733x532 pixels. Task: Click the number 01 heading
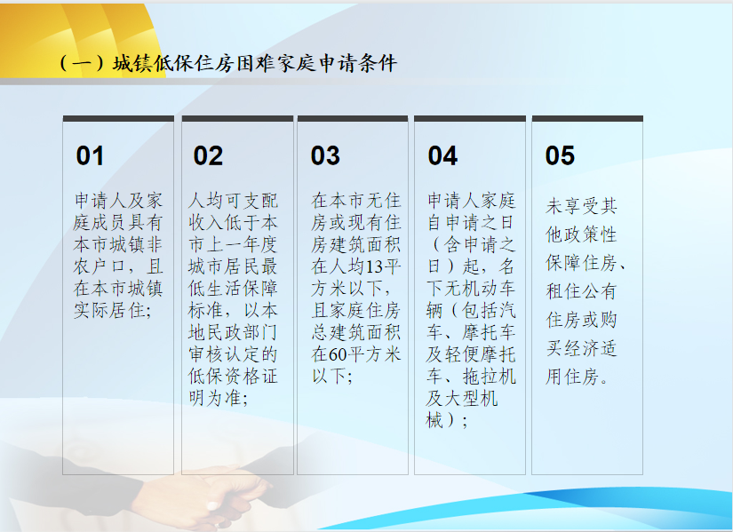click(90, 155)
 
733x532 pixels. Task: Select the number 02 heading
click(208, 155)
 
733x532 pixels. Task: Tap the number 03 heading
click(325, 155)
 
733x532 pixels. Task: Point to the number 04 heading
click(442, 155)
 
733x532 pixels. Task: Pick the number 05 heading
click(560, 155)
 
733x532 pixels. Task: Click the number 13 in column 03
click(374, 266)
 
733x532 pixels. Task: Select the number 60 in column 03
click(338, 354)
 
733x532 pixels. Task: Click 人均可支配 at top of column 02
click(233, 201)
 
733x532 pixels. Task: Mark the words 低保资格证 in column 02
click(233, 376)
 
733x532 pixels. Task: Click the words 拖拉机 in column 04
click(489, 377)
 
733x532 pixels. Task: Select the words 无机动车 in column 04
click(480, 289)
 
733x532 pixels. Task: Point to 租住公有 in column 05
click(581, 291)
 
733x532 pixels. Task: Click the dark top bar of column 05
click(587, 119)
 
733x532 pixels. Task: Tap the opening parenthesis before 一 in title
click(63, 64)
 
